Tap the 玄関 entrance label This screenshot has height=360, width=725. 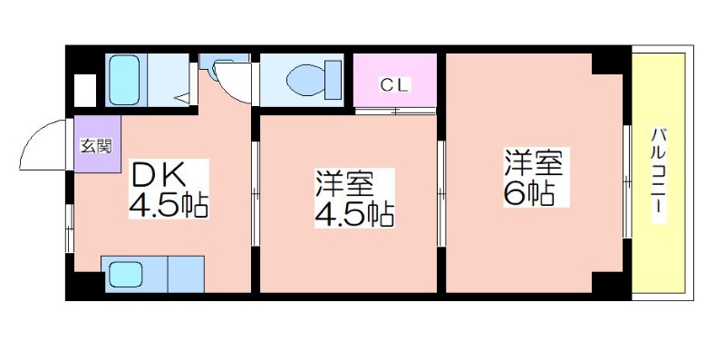tap(96, 146)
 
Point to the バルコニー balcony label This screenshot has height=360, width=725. tap(660, 175)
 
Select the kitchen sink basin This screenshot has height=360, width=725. tap(125, 275)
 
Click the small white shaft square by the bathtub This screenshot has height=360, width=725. tap(85, 91)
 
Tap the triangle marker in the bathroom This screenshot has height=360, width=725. tap(182, 98)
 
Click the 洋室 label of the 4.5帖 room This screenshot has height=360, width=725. tap(343, 184)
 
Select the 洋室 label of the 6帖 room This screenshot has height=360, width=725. tap(533, 163)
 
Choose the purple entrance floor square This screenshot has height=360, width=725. tap(98, 144)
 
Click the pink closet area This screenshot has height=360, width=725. tap(395, 81)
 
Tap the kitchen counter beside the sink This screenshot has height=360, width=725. tap(186, 274)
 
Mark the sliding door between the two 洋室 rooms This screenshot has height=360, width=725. tap(441, 193)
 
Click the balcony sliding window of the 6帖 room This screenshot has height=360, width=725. tap(627, 181)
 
